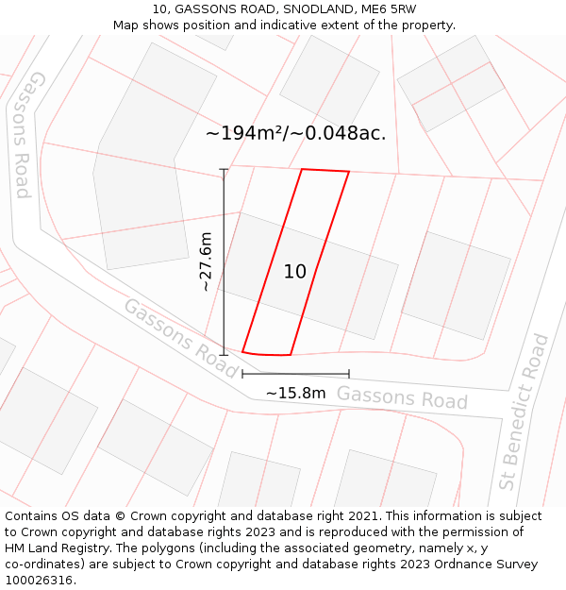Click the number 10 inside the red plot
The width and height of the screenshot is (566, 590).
pyautogui.click(x=294, y=272)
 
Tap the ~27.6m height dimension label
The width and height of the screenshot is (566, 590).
pyautogui.click(x=207, y=261)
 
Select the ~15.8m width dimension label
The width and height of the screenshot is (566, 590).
pyautogui.click(x=295, y=393)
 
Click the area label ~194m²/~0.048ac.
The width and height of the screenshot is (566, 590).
pyautogui.click(x=296, y=133)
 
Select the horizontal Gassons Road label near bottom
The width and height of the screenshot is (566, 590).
pyautogui.click(x=402, y=397)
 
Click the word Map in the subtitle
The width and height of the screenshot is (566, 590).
pyautogui.click(x=126, y=25)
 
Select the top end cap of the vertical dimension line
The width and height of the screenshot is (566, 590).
pyautogui.click(x=224, y=170)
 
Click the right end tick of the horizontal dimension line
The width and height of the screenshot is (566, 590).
pyautogui.click(x=349, y=374)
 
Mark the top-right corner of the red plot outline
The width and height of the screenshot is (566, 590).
pyautogui.click(x=349, y=172)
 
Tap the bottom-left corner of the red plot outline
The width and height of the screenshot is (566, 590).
pyautogui.click(x=242, y=351)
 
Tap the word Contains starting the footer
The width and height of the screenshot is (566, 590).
pyautogui.click(x=33, y=516)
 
